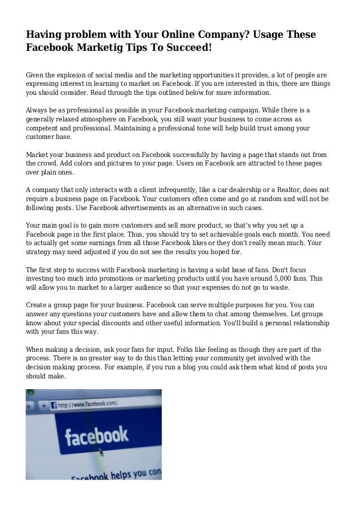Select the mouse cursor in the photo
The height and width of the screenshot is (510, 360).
pos(102,452)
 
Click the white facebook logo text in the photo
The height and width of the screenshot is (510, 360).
pos(96,437)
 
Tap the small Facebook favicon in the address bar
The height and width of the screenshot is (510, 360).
pos(54,405)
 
